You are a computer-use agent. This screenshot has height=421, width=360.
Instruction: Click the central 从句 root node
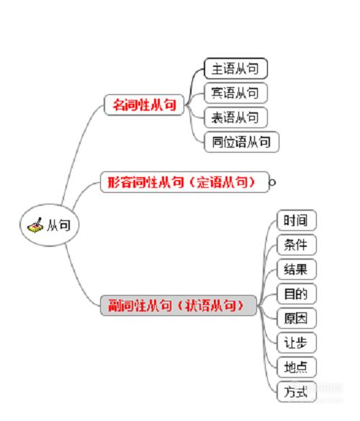[50, 225]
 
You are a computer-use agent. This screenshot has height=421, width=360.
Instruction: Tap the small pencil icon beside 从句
[35, 225]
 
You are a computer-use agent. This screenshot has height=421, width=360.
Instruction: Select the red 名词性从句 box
[144, 105]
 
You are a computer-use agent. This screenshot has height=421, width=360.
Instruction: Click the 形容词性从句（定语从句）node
[184, 182]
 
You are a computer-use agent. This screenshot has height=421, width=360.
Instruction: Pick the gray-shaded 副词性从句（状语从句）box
[179, 305]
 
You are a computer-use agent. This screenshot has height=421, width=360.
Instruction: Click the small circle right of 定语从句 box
[272, 183]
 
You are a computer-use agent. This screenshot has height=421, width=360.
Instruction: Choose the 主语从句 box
[235, 68]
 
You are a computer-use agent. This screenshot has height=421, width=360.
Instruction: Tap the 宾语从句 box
[235, 93]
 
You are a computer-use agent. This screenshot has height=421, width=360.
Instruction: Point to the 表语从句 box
[235, 117]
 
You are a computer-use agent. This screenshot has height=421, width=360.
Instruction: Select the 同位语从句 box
[241, 142]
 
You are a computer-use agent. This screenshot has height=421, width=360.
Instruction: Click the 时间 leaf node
[297, 220]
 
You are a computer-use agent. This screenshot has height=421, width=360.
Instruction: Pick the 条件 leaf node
[297, 245]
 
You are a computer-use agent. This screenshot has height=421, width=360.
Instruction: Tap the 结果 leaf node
[297, 269]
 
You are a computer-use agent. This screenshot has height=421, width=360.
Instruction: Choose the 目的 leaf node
[297, 294]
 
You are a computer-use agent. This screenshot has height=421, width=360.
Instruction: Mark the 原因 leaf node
[297, 318]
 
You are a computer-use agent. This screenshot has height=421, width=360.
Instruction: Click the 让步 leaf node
[297, 343]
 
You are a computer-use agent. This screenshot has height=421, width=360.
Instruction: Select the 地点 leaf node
[297, 367]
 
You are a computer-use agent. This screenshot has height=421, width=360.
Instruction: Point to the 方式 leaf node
[297, 391]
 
